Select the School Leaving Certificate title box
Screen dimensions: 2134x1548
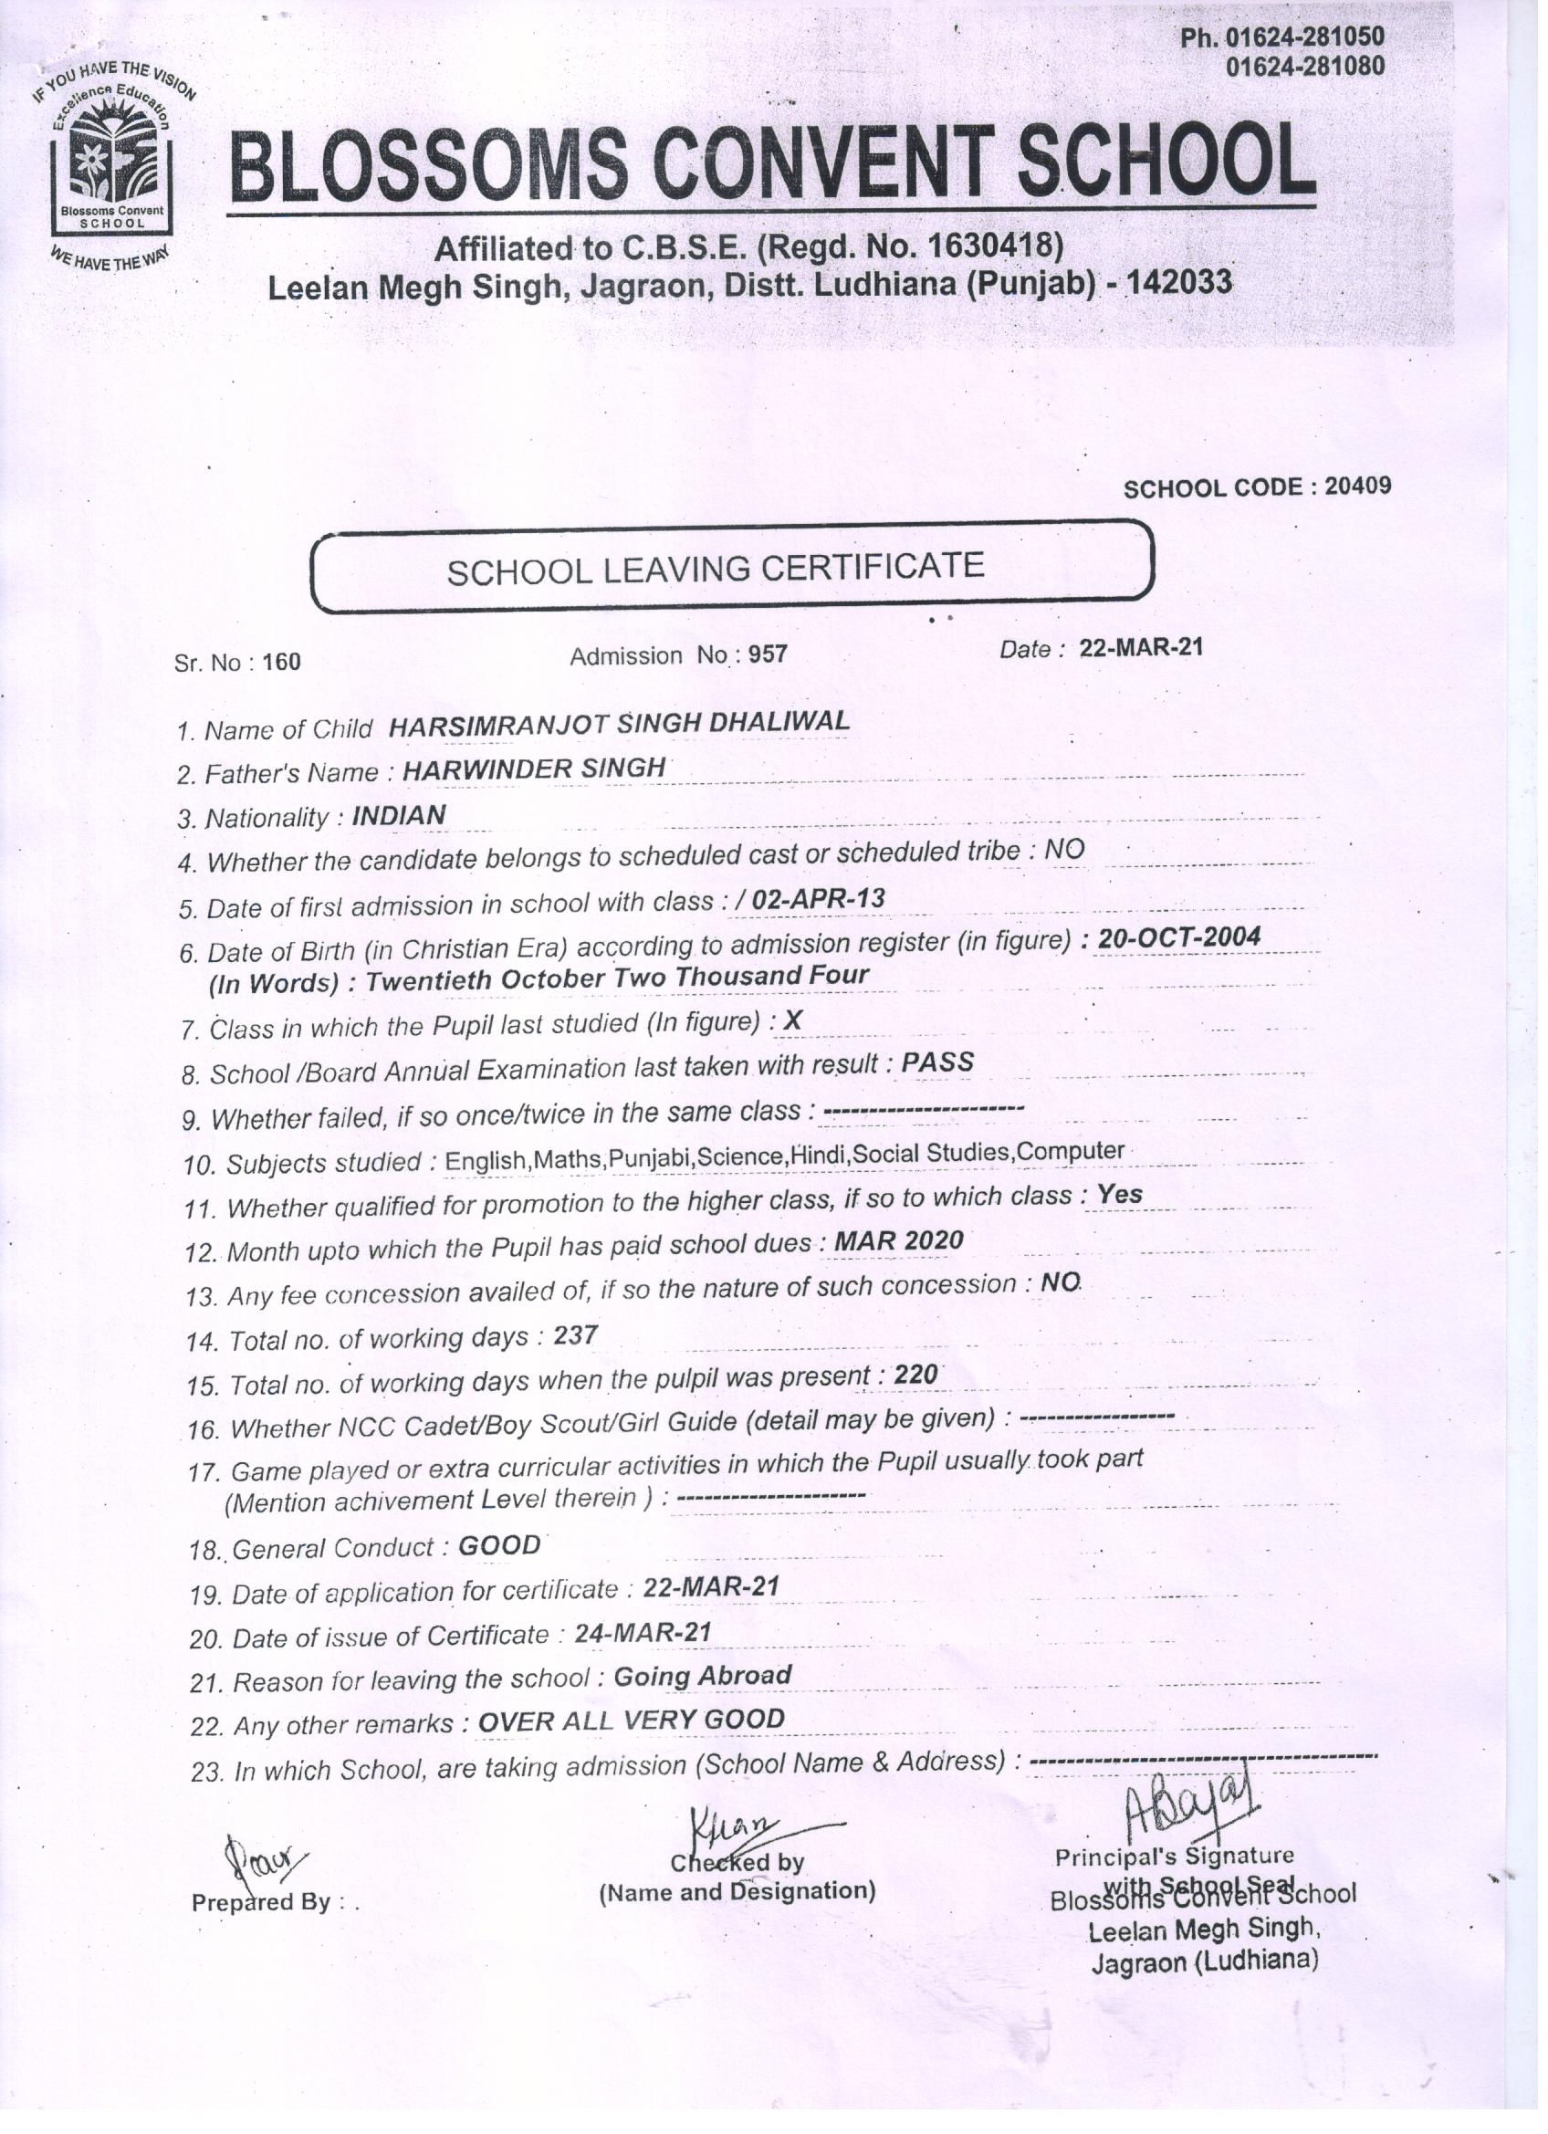[731, 569]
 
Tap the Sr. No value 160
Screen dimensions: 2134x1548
[281, 663]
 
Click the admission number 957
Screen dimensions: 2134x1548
[768, 654]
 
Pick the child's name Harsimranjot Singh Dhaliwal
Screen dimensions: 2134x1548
[619, 724]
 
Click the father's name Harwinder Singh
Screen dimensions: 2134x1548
[535, 769]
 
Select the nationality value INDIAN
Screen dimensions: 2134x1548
[399, 815]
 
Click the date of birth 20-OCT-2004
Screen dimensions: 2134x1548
[1178, 938]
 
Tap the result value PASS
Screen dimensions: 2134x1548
[937, 1062]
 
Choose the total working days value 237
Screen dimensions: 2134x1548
[575, 1335]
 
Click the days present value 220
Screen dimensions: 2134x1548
[915, 1376]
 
